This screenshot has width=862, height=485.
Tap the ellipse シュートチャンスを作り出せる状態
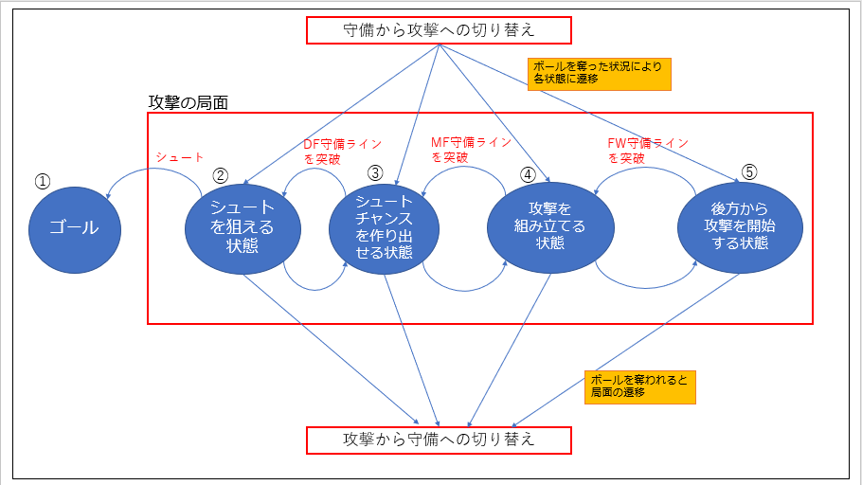[x=385, y=227]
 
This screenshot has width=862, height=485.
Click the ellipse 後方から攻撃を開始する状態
[x=740, y=227]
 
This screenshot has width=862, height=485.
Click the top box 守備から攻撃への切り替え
[x=439, y=29]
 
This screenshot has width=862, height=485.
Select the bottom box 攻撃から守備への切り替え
[x=439, y=440]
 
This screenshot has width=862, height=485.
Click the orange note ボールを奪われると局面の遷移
[x=640, y=384]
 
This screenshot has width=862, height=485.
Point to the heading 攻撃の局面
[x=189, y=101]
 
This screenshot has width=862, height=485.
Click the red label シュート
[x=179, y=158]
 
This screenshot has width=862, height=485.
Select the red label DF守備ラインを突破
[x=342, y=151]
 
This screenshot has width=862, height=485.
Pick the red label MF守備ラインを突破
[x=471, y=149]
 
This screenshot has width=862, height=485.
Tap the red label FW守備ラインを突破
[x=647, y=150]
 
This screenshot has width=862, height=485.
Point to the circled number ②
[x=221, y=174]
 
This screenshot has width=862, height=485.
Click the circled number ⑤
[x=749, y=172]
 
